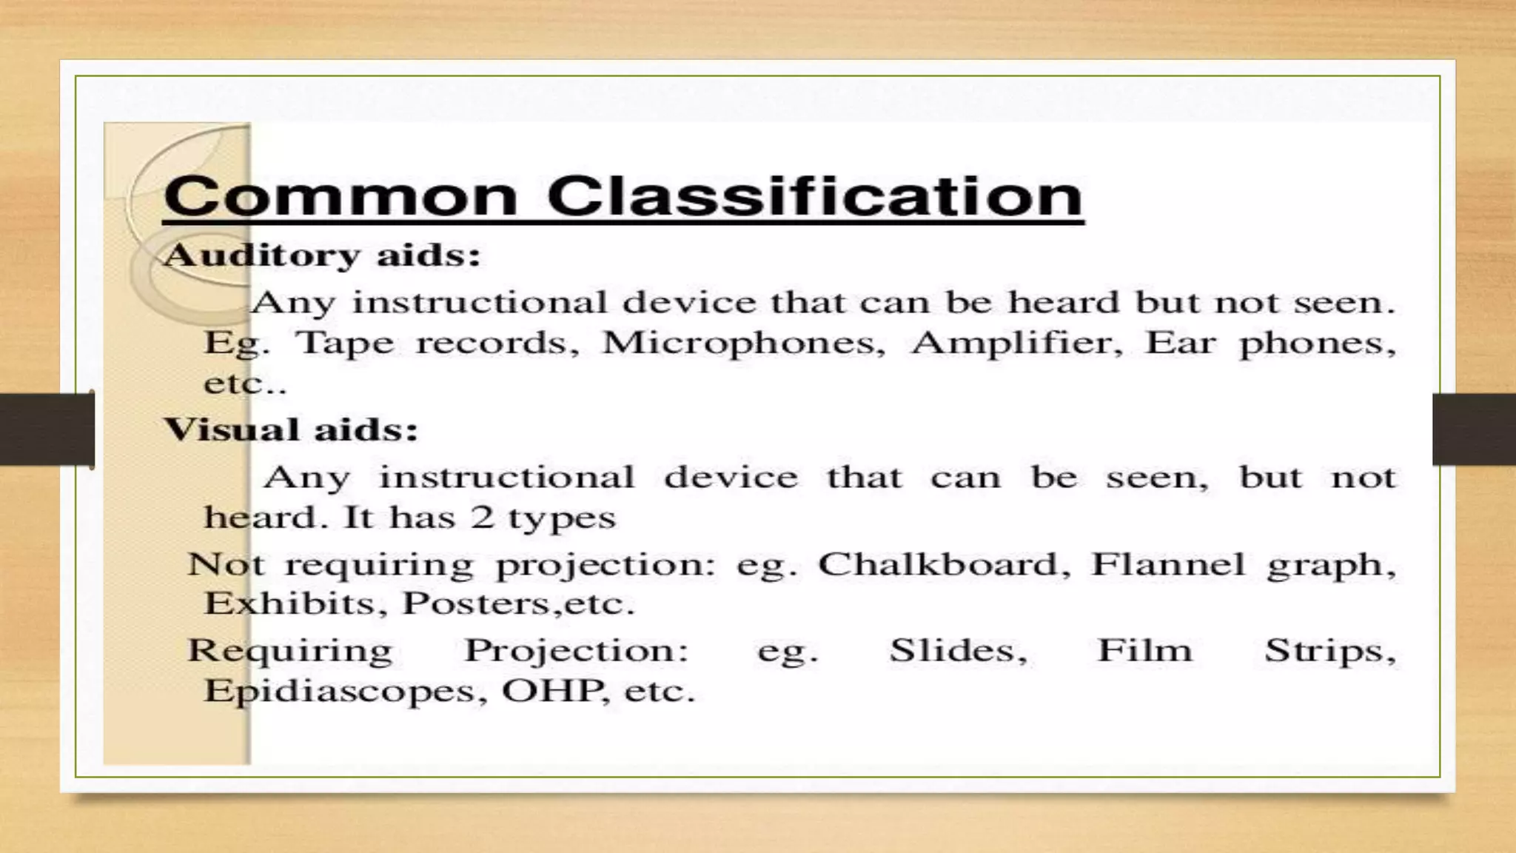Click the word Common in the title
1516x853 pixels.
coord(340,196)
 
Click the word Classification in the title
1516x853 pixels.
coord(814,196)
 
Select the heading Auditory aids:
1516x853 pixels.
coord(322,256)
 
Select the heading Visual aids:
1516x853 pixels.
coord(291,430)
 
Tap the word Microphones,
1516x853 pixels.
coord(743,344)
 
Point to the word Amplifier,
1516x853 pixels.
coord(1017,344)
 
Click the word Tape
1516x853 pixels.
coord(345,344)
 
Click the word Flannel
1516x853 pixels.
coord(1167,566)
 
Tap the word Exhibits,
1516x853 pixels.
coord(295,604)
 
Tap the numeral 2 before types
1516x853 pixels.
coord(482,518)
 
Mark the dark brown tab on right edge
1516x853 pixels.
coord(1474,429)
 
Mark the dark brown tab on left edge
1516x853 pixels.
coord(47,429)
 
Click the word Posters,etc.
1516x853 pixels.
coord(518,604)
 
